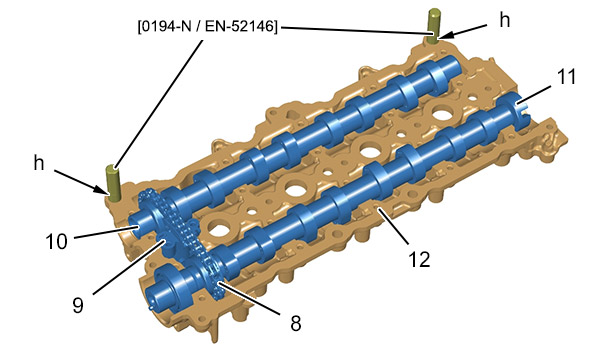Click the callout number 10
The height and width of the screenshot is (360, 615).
(57, 242)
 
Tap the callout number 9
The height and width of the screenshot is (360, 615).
(78, 305)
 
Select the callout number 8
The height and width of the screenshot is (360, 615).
(295, 323)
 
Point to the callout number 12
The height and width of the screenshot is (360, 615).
(419, 259)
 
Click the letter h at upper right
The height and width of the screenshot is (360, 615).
(505, 20)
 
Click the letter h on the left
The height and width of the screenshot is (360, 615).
(39, 163)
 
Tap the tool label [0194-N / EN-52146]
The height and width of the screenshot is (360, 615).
(207, 27)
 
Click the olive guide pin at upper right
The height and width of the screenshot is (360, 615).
(434, 25)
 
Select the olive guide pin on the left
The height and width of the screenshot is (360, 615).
(113, 183)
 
